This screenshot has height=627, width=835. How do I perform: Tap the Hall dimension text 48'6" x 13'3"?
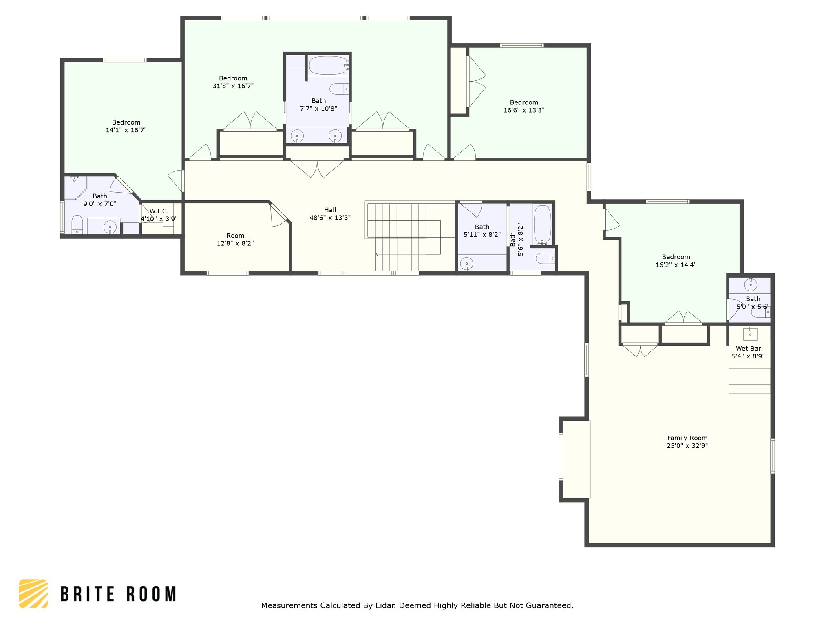(330, 218)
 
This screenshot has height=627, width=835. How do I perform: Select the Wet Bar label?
(748, 349)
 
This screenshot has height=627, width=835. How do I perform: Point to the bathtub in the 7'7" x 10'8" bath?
(328, 65)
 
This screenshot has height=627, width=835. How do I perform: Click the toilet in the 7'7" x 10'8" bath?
(339, 89)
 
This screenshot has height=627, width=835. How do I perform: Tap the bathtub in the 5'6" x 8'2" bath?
(542, 225)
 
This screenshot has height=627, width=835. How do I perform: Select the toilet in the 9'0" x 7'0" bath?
(77, 225)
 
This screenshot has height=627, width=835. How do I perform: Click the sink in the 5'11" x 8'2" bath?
(466, 264)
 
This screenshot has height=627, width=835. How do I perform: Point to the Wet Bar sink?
(750, 334)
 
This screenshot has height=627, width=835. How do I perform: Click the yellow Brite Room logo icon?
(33, 594)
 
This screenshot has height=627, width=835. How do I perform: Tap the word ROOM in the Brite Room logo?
(151, 594)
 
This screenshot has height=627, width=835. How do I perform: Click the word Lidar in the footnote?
(386, 605)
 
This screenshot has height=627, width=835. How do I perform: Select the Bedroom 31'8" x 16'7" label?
(233, 82)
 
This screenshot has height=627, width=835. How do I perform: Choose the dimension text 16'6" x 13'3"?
(524, 110)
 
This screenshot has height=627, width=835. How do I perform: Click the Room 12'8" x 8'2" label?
(235, 239)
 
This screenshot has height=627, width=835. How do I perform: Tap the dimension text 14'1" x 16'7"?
(126, 130)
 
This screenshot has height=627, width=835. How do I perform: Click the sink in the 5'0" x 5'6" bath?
(751, 285)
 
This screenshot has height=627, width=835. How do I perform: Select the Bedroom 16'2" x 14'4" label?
(676, 261)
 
